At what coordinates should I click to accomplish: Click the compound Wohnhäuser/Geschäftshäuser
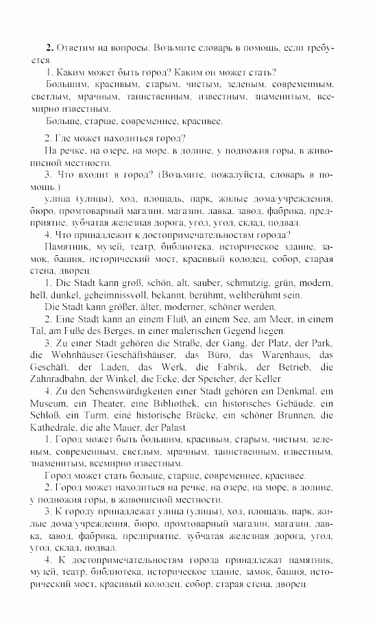(x=108, y=355)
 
